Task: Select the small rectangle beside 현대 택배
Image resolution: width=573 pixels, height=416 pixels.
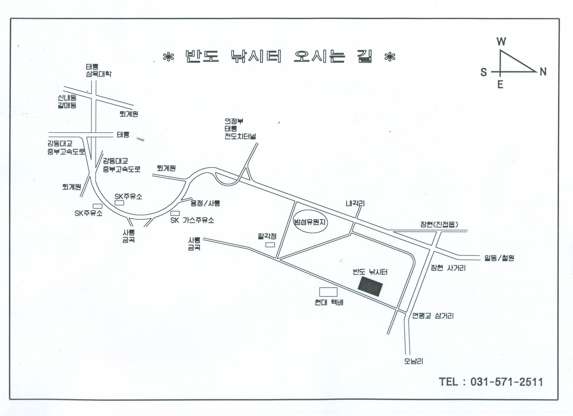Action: click(x=328, y=292)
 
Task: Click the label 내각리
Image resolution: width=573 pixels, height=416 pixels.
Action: click(x=355, y=203)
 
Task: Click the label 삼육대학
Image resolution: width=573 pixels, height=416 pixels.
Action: click(x=99, y=74)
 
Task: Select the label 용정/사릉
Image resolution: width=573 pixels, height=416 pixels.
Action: click(x=205, y=203)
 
